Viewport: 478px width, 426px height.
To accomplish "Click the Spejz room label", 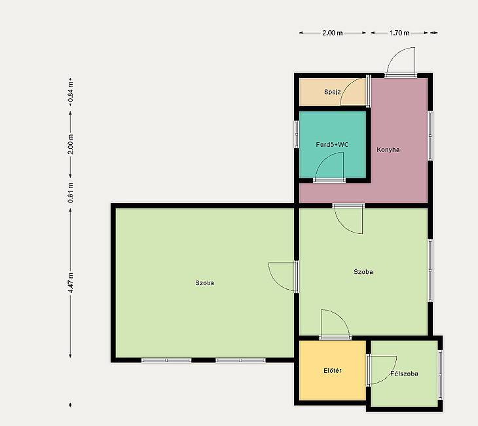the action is (x=332, y=92).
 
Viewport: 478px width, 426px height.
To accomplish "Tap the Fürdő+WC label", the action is (x=332, y=144).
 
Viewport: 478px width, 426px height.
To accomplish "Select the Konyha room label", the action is (x=388, y=149).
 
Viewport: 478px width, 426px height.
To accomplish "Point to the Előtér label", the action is (x=332, y=370).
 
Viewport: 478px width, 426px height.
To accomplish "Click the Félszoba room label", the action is (x=404, y=374).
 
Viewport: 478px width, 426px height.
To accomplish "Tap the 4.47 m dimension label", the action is (x=71, y=282).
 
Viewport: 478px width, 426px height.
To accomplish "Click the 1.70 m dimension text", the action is (x=399, y=33).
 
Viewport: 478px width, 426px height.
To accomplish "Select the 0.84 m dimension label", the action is (x=71, y=92).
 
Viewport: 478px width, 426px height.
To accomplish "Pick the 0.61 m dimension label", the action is (x=71, y=193).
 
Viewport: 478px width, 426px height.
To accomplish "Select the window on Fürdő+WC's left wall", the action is (x=297, y=134).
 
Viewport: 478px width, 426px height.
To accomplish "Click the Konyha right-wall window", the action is (x=430, y=135).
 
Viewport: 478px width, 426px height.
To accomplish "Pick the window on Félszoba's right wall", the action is (x=440, y=374).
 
